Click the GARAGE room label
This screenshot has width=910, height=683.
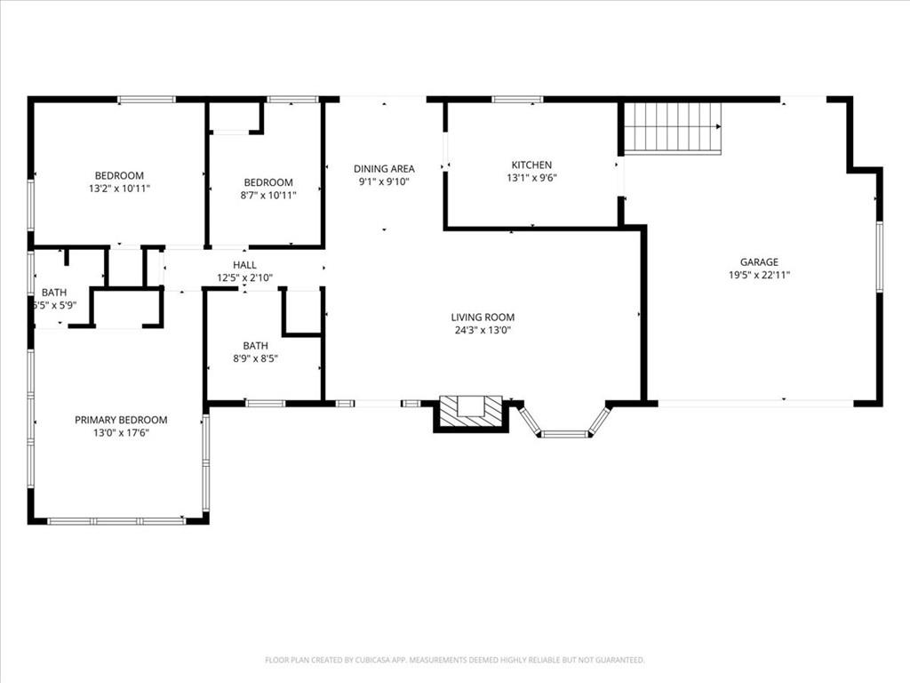tap(759, 262)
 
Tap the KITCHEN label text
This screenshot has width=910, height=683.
tap(531, 165)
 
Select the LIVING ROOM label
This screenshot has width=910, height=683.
tap(483, 317)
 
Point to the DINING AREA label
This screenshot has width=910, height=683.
tap(384, 168)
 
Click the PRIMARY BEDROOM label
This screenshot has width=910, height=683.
tap(121, 420)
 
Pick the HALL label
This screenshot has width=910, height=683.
tap(244, 265)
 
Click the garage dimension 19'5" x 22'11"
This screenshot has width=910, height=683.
tap(759, 276)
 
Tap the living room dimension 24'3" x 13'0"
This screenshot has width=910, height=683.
tap(483, 331)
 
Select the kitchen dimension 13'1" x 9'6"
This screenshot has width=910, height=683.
tap(531, 178)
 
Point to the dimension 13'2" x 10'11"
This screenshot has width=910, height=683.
tap(120, 189)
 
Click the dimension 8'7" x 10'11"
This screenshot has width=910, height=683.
tap(268, 196)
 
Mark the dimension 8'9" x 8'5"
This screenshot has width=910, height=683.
tap(255, 359)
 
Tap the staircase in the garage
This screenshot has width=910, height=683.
tap(673, 128)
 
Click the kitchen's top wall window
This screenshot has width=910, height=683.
tap(517, 100)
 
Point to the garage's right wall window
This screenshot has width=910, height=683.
tap(879, 256)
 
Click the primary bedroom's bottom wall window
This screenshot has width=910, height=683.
tap(116, 521)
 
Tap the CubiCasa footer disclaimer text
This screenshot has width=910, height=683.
tap(455, 660)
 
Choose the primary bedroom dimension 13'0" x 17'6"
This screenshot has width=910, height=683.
tap(121, 433)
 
